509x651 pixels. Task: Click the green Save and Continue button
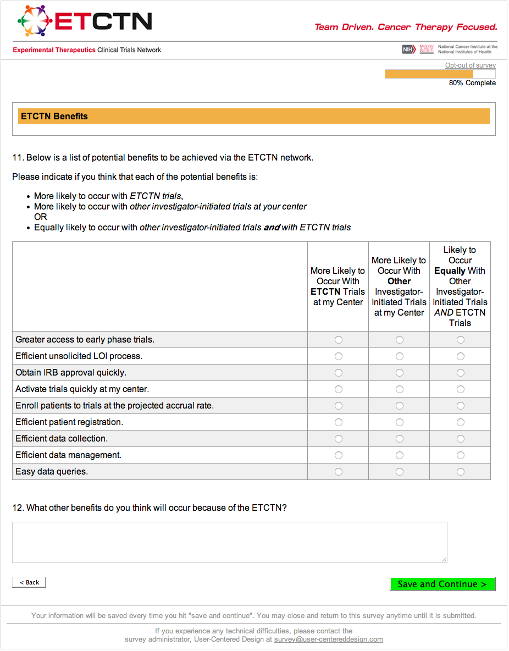pos(442,584)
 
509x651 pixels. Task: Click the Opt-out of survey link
pos(470,65)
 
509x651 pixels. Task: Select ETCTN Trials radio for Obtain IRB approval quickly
pos(339,373)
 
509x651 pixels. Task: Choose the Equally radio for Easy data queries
pos(461,472)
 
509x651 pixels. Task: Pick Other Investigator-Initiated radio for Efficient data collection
pos(400,439)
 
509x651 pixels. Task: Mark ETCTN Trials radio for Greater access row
pos(339,340)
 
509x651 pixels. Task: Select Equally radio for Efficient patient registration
pos(461,422)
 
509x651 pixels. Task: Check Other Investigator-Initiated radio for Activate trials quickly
pos(400,389)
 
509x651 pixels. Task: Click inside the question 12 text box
pos(229,542)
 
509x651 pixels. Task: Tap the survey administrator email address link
pos(328,639)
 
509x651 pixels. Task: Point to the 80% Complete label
pos(472,83)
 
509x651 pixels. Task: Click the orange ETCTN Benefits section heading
pos(54,117)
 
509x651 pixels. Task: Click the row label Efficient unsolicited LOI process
pos(79,356)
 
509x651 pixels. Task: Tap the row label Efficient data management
pos(69,455)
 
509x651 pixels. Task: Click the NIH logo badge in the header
pos(408,49)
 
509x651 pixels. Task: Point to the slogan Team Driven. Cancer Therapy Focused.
pos(406,27)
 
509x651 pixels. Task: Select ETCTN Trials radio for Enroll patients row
pos(339,406)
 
